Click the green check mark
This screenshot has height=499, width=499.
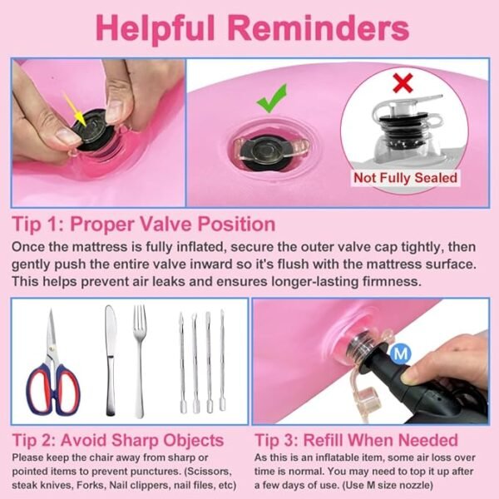click(271, 99)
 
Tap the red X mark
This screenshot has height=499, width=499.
click(403, 82)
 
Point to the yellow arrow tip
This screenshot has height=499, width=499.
click(84, 124)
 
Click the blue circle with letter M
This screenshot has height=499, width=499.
click(401, 353)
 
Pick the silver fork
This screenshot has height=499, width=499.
click(140, 360)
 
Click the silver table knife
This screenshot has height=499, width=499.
click(110, 360)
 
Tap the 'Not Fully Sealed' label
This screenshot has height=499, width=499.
click(405, 178)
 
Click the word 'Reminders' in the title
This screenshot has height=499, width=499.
click(319, 27)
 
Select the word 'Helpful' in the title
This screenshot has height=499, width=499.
click(156, 28)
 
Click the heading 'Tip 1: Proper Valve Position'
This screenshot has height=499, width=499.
click(144, 224)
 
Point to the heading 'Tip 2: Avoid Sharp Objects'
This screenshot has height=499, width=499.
click(118, 441)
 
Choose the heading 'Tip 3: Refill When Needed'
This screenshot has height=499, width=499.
click(357, 440)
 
